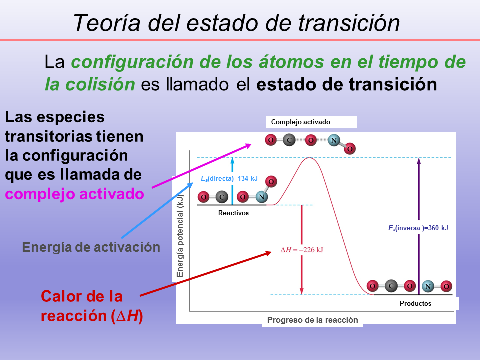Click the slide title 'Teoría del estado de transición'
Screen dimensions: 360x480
click(x=236, y=22)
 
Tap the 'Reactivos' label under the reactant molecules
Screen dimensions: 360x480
click(x=233, y=213)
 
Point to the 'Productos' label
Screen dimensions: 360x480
click(x=415, y=303)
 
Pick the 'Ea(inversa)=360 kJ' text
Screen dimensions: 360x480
click(x=418, y=228)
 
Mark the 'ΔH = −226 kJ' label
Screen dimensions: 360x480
click(x=301, y=249)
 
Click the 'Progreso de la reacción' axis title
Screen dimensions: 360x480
click(x=312, y=320)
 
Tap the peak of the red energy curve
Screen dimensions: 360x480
click(x=309, y=158)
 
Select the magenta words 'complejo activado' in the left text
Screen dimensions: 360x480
click(x=75, y=193)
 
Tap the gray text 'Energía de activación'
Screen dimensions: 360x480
click(x=91, y=247)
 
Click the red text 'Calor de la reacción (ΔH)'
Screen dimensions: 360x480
click(x=92, y=306)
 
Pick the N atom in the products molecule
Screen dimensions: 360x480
click(x=428, y=286)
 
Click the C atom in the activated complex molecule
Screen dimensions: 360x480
click(x=289, y=140)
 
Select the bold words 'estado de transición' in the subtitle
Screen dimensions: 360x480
click(x=347, y=84)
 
